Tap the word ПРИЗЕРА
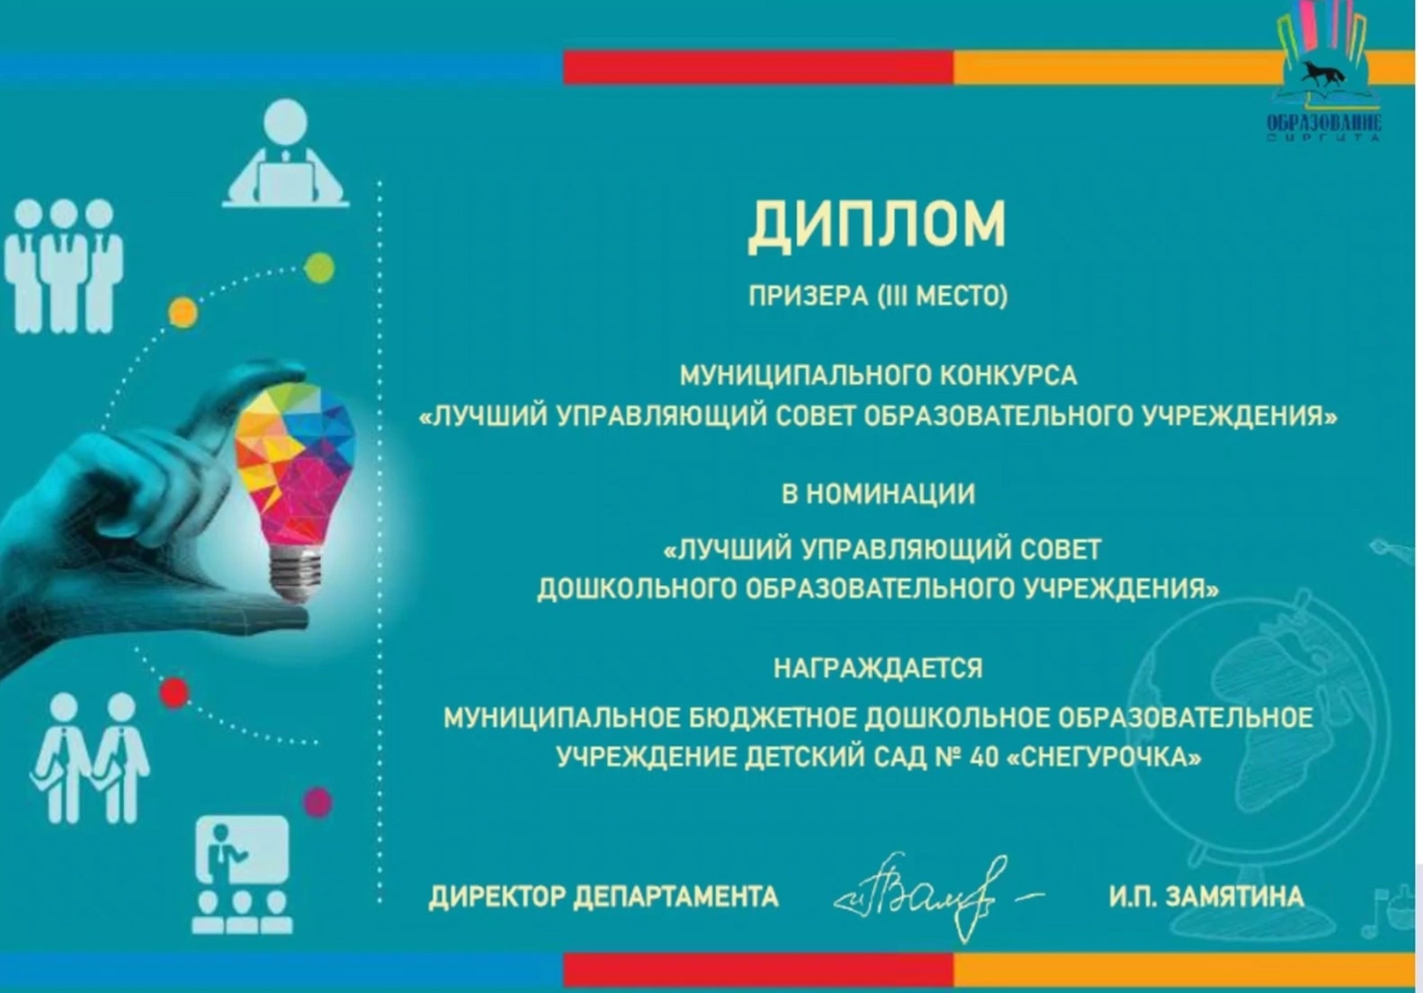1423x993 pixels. pos(808,296)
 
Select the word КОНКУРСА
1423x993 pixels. pos(1008,376)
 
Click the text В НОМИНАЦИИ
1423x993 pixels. pos(878,494)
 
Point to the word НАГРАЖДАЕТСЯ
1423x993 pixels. pos(878,668)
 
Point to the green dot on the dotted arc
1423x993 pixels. pos(319,267)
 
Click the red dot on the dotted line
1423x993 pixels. pos(175,693)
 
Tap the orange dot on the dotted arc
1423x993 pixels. pos(183,313)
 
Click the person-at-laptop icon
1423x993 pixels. pos(285,153)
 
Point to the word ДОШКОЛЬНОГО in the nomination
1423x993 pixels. pos(635,589)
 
